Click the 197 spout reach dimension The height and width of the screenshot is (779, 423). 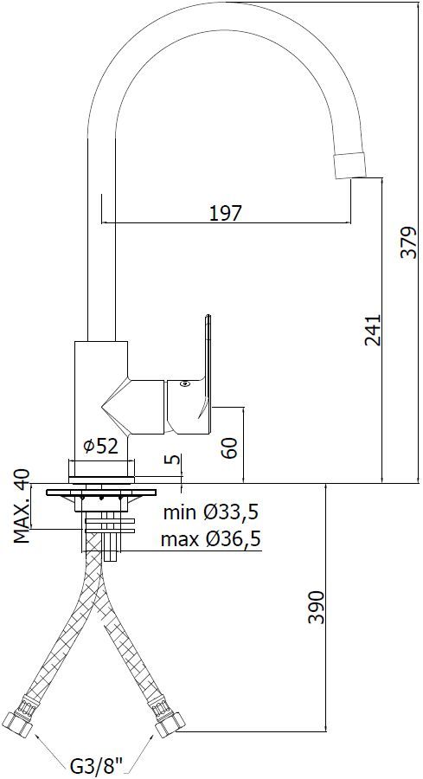(225, 214)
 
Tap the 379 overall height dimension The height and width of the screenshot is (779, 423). (409, 242)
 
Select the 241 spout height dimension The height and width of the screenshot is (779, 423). (372, 330)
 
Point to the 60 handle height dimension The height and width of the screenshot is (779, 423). (230, 447)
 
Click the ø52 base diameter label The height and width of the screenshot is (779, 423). (101, 447)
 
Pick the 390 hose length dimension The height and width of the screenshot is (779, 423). (316, 607)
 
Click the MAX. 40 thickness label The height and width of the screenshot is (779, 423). (22, 505)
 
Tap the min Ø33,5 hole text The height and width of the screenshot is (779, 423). (211, 512)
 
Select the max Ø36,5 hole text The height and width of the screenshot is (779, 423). (211, 538)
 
